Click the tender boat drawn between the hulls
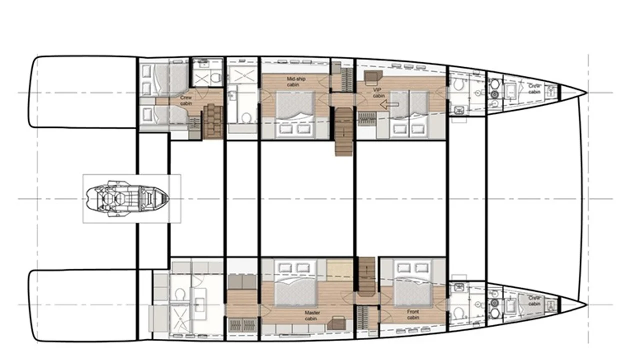[126, 198]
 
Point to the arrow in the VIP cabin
[389, 104]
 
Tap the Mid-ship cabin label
[295, 81]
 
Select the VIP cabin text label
[378, 93]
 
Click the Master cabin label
[312, 315]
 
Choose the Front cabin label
[413, 314]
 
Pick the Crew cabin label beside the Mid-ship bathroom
[186, 100]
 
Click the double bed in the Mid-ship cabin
[294, 113]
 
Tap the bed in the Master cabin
[295, 283]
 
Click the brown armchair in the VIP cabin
[373, 78]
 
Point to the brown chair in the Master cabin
[337, 323]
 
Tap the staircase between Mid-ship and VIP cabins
[344, 131]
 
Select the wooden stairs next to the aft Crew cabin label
[213, 121]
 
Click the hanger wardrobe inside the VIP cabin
[367, 119]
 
